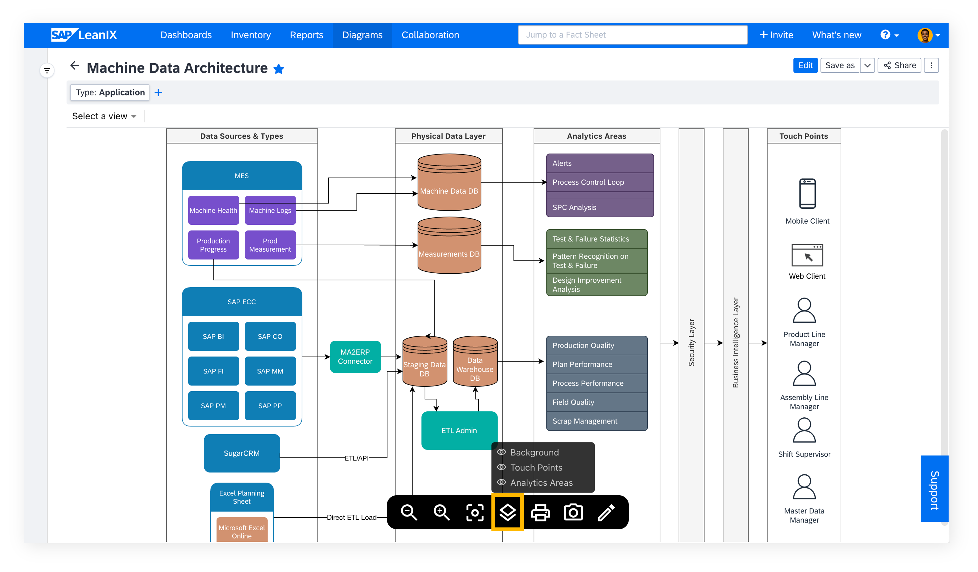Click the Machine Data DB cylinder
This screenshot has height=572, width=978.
[449, 182]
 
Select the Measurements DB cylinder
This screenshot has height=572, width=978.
[449, 245]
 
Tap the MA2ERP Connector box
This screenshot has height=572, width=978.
[355, 357]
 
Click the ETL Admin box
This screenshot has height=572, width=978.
[459, 430]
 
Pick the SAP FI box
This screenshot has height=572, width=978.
[213, 371]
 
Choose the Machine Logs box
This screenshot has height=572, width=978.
[270, 210]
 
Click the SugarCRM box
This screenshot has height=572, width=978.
[242, 453]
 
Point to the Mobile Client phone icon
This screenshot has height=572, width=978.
[807, 194]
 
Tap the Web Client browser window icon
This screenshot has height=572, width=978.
[807, 255]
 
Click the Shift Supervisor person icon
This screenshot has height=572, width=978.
[804, 430]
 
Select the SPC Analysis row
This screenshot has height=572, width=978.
[600, 207]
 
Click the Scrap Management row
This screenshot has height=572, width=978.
[597, 421]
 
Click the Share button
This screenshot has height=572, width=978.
[899, 65]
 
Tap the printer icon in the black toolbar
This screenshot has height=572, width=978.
[540, 512]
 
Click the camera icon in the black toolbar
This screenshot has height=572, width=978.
[573, 512]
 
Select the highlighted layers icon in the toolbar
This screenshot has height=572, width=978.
[508, 512]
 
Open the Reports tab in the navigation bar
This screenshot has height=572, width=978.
[307, 35]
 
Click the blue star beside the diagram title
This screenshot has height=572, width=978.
[279, 69]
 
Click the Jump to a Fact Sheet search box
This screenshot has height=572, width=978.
[633, 35]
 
